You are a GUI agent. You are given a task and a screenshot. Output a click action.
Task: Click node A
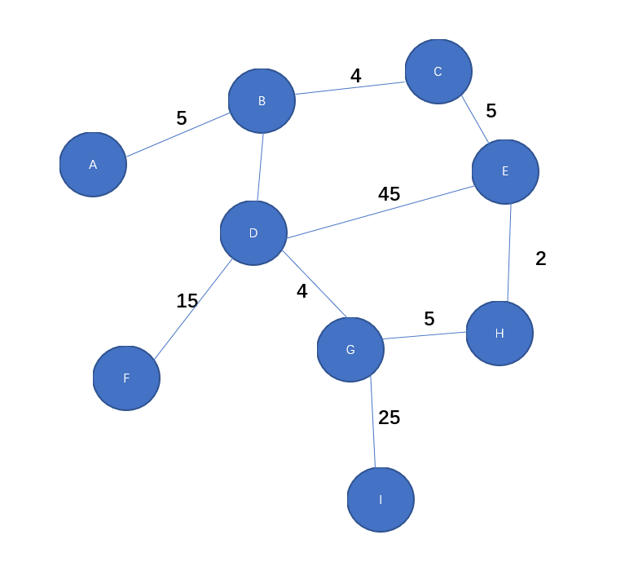point(93,165)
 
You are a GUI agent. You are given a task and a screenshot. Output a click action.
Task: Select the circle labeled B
point(262,101)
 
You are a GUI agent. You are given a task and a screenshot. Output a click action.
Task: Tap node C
point(438,72)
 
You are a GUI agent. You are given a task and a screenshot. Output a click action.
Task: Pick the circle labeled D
point(253,233)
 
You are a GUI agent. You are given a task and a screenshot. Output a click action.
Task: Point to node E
point(505,171)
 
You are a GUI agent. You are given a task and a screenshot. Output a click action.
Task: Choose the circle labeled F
point(126,378)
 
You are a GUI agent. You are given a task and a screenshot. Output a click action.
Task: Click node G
point(350,350)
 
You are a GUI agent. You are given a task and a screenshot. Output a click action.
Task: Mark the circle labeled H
point(500,333)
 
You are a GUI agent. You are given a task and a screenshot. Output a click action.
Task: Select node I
point(381,499)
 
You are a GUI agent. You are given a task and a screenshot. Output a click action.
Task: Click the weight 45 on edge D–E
point(389,194)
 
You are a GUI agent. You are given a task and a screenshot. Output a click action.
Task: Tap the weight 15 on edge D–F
point(187,301)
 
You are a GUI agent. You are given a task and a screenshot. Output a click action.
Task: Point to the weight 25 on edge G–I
point(390,418)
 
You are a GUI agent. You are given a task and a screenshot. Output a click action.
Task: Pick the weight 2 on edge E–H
point(541,259)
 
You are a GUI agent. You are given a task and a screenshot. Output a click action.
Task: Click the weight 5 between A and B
point(182,118)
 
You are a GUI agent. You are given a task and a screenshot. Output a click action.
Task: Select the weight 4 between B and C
point(356,76)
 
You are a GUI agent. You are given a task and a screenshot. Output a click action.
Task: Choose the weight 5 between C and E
point(491,111)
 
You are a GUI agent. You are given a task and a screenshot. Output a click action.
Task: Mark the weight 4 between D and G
point(302,291)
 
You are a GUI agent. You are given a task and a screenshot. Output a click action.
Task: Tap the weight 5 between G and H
point(429,319)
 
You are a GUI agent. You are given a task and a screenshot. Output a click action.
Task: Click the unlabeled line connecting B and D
point(260,167)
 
